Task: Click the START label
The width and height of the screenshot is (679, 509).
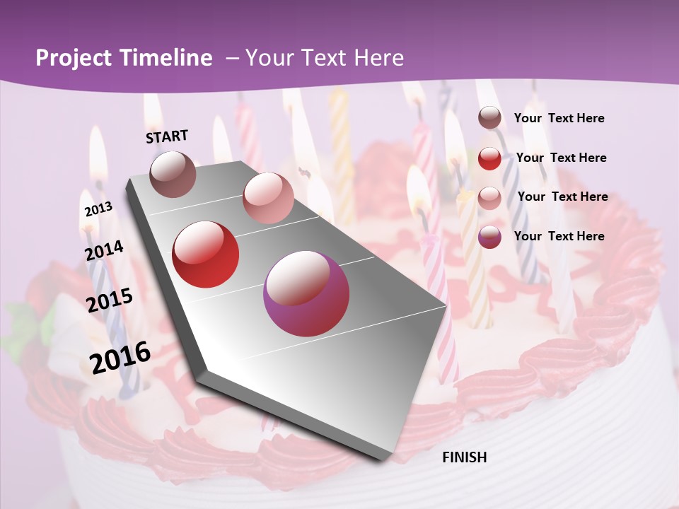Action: pyautogui.click(x=167, y=136)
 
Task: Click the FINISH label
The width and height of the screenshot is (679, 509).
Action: pyautogui.click(x=464, y=457)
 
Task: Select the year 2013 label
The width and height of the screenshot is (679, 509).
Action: pyautogui.click(x=98, y=209)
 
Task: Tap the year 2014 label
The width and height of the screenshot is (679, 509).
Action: pyautogui.click(x=104, y=250)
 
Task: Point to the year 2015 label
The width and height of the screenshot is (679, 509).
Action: pyautogui.click(x=110, y=300)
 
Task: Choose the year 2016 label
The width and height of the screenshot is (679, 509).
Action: pyautogui.click(x=120, y=357)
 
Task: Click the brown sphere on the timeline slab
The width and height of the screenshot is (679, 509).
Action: pyautogui.click(x=173, y=174)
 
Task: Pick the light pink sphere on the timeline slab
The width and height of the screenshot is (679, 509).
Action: pyautogui.click(x=268, y=198)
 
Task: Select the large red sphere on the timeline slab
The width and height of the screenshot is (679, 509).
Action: pyautogui.click(x=206, y=255)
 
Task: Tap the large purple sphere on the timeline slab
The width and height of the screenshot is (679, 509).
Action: pyautogui.click(x=306, y=293)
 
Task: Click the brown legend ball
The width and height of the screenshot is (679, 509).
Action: pyautogui.click(x=489, y=118)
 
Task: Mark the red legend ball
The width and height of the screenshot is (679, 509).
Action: pyautogui.click(x=489, y=158)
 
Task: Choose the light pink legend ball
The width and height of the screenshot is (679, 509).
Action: pyautogui.click(x=489, y=198)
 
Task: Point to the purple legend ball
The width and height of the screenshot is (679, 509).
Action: pyautogui.click(x=489, y=237)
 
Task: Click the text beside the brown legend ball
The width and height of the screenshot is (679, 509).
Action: pyautogui.click(x=559, y=118)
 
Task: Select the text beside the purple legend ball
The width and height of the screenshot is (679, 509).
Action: pyautogui.click(x=559, y=236)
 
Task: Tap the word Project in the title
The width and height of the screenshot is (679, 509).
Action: pyautogui.click(x=74, y=58)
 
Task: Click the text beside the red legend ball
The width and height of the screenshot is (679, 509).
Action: pyautogui.click(x=561, y=158)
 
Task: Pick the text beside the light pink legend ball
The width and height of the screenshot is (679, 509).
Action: pyautogui.click(x=562, y=197)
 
